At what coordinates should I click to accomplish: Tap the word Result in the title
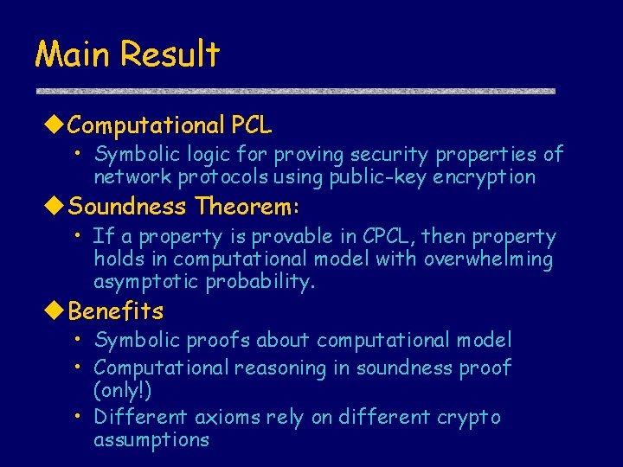[170, 54]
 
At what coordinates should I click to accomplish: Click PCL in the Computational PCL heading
[251, 126]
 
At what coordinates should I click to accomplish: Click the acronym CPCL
[390, 236]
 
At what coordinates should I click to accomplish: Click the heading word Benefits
[116, 310]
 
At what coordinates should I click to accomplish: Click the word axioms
[224, 417]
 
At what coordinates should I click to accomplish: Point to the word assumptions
[151, 439]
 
